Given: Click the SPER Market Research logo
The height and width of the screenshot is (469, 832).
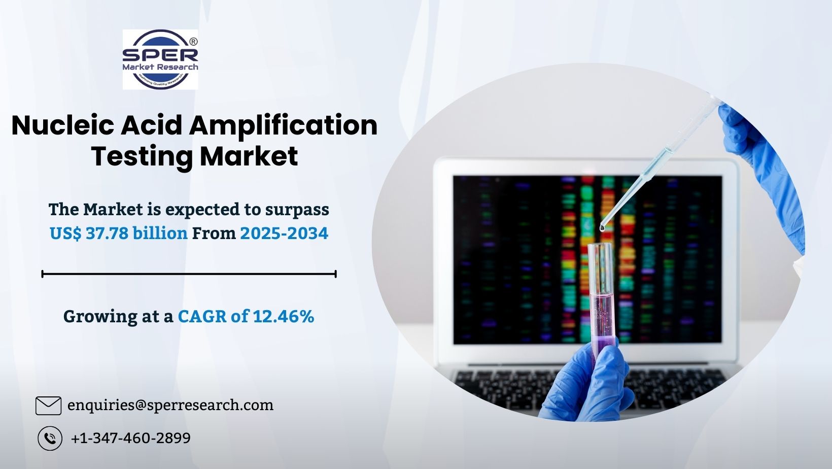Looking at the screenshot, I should [x=160, y=59].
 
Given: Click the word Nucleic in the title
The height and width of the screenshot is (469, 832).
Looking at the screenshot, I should [x=62, y=125].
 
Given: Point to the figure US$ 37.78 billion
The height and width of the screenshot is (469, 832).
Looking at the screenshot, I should [x=118, y=233].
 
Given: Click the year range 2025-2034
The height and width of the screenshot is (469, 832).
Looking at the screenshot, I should [x=284, y=233].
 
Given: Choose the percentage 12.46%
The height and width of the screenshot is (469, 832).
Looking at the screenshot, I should [x=284, y=316].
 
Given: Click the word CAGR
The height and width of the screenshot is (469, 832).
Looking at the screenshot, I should [x=202, y=316].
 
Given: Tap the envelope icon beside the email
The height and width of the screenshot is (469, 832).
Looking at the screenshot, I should [x=48, y=406].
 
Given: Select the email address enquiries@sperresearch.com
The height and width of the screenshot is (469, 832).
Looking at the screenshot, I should [x=170, y=405].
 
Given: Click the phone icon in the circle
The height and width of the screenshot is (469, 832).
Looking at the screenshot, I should [x=50, y=439].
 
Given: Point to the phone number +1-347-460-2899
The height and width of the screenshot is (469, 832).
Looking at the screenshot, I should [x=130, y=438].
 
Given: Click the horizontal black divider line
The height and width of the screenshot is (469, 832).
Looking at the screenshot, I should [x=189, y=274].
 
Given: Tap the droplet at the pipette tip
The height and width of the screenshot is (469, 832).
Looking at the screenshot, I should [x=602, y=228].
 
